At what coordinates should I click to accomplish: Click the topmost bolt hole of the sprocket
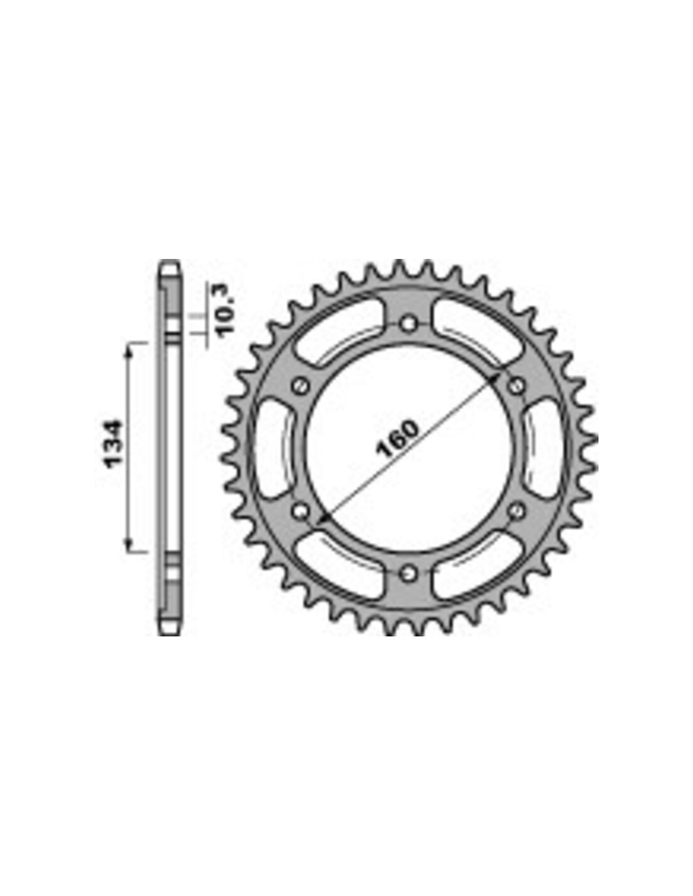click(x=408, y=324)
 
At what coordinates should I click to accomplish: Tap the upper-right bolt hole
click(x=516, y=386)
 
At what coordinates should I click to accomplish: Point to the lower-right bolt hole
click(x=516, y=511)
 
